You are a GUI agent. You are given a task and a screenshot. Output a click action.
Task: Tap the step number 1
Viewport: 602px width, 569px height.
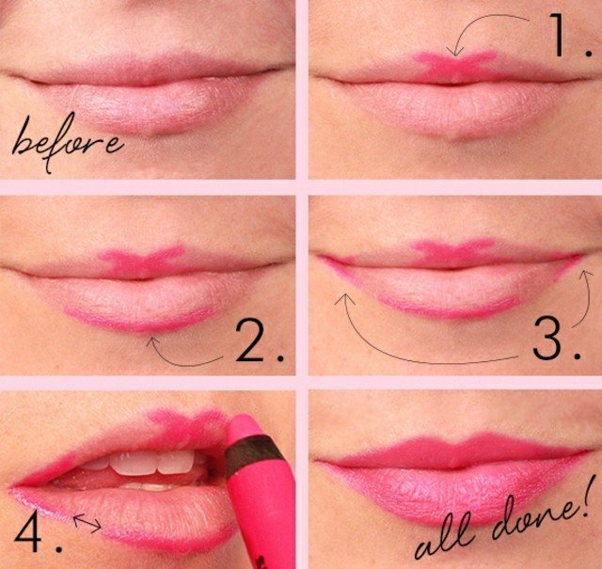click(x=558, y=35)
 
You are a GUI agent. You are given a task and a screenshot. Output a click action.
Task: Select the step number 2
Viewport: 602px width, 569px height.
click(x=250, y=340)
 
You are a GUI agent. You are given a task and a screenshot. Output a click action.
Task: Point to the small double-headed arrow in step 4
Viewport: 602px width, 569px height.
click(x=87, y=523)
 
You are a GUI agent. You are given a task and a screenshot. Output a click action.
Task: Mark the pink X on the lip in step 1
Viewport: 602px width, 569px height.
click(x=455, y=65)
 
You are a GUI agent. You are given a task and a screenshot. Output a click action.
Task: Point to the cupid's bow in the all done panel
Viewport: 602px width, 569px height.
click(x=455, y=446)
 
